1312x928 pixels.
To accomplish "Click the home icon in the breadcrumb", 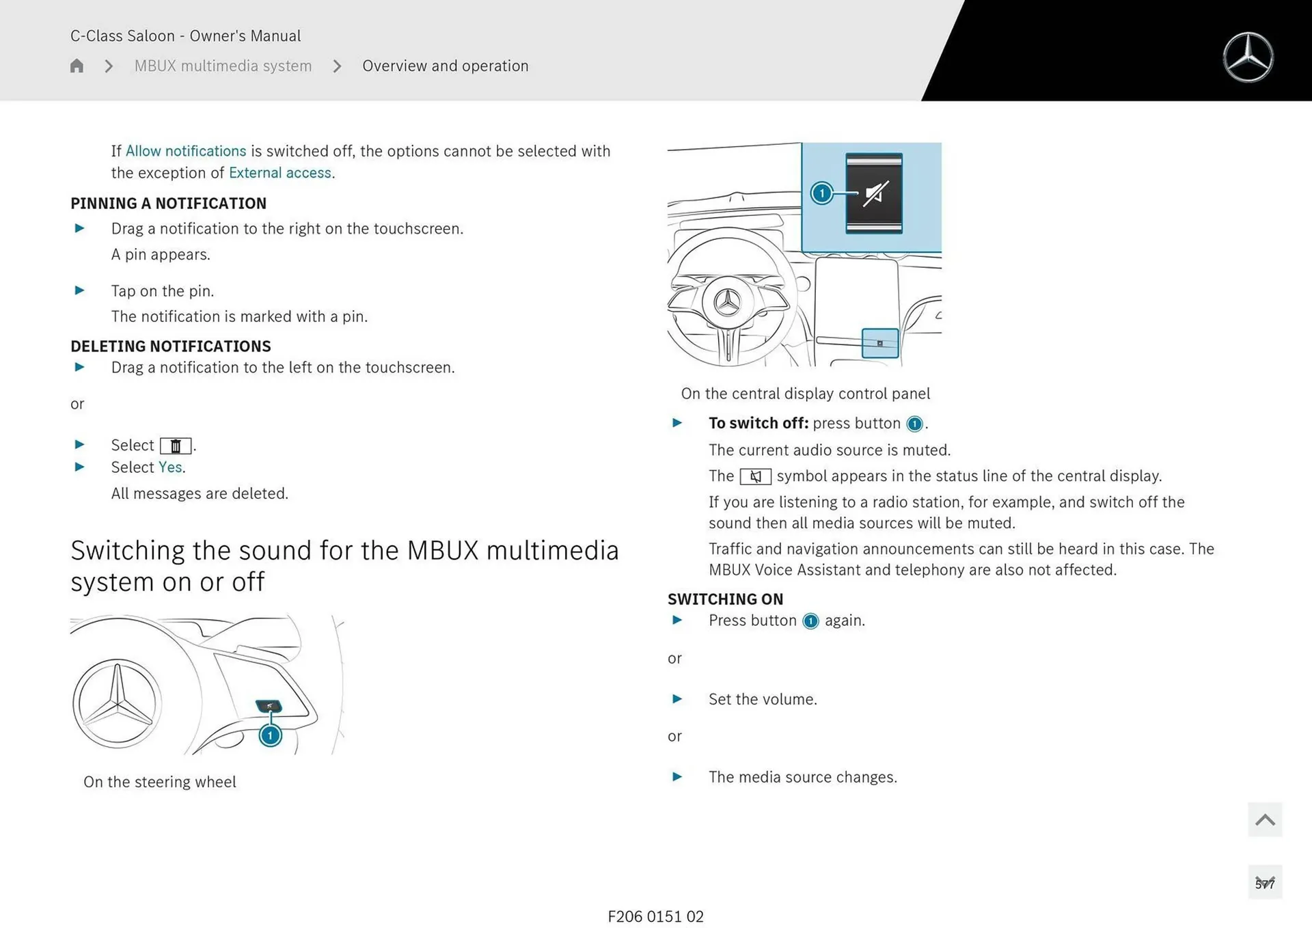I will tap(77, 66).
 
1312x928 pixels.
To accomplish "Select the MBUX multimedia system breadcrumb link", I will tap(223, 66).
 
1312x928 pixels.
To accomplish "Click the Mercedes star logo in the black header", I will tap(1248, 57).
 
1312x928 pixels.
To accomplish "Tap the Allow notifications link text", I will tap(185, 151).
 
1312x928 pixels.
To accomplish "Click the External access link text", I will tap(280, 173).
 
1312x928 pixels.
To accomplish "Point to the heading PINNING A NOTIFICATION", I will tap(168, 204).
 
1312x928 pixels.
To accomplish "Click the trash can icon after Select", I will tap(176, 446).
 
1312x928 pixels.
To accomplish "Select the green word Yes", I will tap(170, 467).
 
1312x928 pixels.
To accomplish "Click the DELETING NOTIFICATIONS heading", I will tap(170, 346).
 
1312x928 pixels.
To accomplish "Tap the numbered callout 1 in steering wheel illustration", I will tap(271, 735).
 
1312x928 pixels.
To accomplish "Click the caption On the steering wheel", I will tap(159, 782).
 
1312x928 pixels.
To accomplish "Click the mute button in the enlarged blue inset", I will tap(874, 193).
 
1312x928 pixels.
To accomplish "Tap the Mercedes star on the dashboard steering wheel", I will tap(727, 302).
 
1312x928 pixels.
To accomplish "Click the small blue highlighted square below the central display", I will tap(879, 343).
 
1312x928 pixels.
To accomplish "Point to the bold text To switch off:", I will tap(758, 424).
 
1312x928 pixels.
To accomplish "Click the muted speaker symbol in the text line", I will tap(755, 476).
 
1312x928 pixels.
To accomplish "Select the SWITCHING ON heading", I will tap(725, 599).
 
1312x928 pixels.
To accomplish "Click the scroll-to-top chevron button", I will tap(1264, 819).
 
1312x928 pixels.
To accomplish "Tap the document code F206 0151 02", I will tap(655, 916).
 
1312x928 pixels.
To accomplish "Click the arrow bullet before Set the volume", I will tap(677, 699).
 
